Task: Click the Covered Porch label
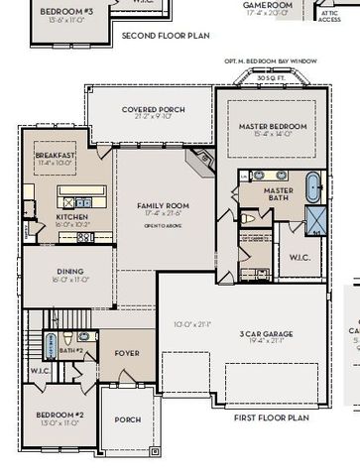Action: pyautogui.click(x=150, y=109)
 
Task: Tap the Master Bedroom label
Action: pyautogui.click(x=273, y=127)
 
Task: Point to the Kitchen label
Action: pyautogui.click(x=72, y=216)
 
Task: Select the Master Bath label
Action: pyautogui.click(x=278, y=193)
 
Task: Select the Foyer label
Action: pyautogui.click(x=127, y=351)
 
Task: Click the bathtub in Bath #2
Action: pyautogui.click(x=50, y=343)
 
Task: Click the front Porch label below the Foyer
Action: pyautogui.click(x=128, y=419)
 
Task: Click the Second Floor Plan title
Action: pyautogui.click(x=165, y=36)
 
